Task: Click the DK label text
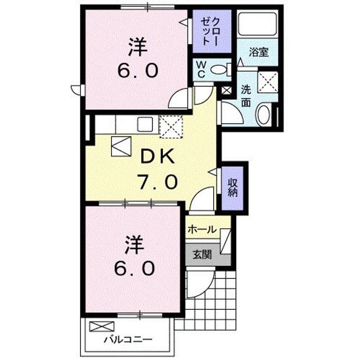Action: pyautogui.click(x=157, y=157)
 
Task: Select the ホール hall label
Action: pyautogui.click(x=202, y=229)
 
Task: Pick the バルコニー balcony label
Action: pyautogui.click(x=127, y=338)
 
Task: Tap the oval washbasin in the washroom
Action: pyautogui.click(x=263, y=115)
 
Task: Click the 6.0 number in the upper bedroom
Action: pyautogui.click(x=137, y=71)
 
